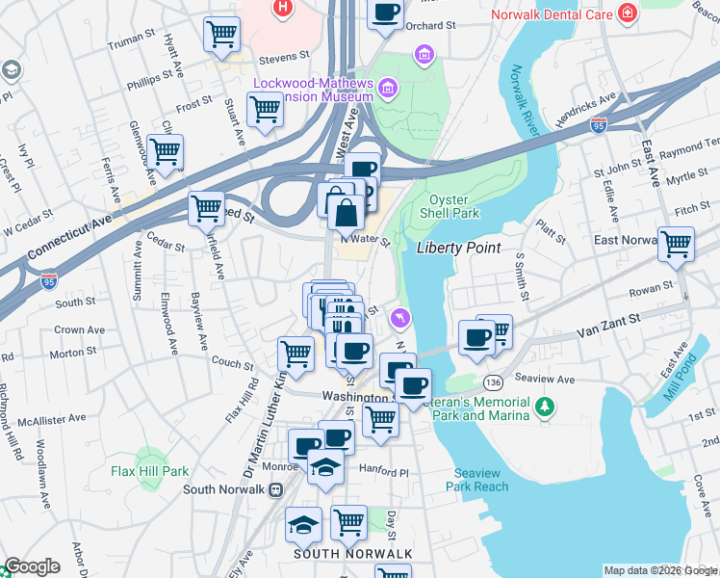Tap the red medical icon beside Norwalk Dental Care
[x=628, y=13]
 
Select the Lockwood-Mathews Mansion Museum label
[x=313, y=90]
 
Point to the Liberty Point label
[x=458, y=248]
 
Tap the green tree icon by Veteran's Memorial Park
[x=546, y=407]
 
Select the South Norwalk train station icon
[x=275, y=489]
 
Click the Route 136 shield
[x=493, y=381]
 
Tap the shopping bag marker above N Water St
[x=347, y=211]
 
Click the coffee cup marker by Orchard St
[x=385, y=13]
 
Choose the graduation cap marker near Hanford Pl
[x=326, y=467]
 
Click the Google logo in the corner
[x=32, y=566]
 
